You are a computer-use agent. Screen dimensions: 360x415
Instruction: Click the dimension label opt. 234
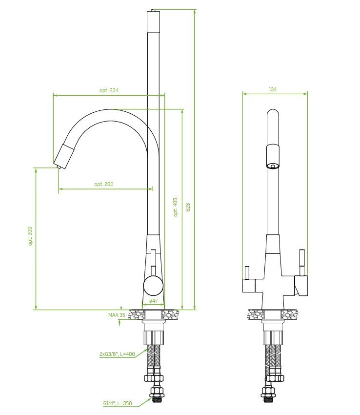(x=109, y=90)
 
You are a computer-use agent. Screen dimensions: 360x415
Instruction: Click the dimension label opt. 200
(x=104, y=184)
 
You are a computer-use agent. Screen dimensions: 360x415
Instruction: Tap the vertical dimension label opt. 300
(x=30, y=236)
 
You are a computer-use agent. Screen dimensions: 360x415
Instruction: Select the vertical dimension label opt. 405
(x=176, y=207)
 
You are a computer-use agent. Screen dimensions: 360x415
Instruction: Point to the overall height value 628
(x=188, y=207)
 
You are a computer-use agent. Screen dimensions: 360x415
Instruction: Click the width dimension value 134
(x=273, y=89)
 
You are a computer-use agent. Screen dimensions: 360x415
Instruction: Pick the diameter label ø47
(x=154, y=301)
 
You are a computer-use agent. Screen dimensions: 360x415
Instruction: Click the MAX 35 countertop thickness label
(x=117, y=315)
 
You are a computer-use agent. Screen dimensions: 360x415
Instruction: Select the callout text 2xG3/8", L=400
(x=117, y=354)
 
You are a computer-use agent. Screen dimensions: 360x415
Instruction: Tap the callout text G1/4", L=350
(x=118, y=404)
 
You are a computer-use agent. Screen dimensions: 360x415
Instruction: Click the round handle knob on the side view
(x=153, y=285)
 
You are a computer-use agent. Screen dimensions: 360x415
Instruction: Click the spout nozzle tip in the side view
(x=59, y=167)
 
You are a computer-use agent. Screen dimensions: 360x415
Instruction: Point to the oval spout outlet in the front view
(x=273, y=166)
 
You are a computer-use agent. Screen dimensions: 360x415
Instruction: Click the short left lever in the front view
(x=247, y=272)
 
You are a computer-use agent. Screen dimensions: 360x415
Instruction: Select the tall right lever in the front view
(x=302, y=263)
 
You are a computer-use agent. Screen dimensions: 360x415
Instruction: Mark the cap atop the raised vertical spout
(x=153, y=21)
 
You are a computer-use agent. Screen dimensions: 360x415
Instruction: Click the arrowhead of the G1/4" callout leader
(x=150, y=398)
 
